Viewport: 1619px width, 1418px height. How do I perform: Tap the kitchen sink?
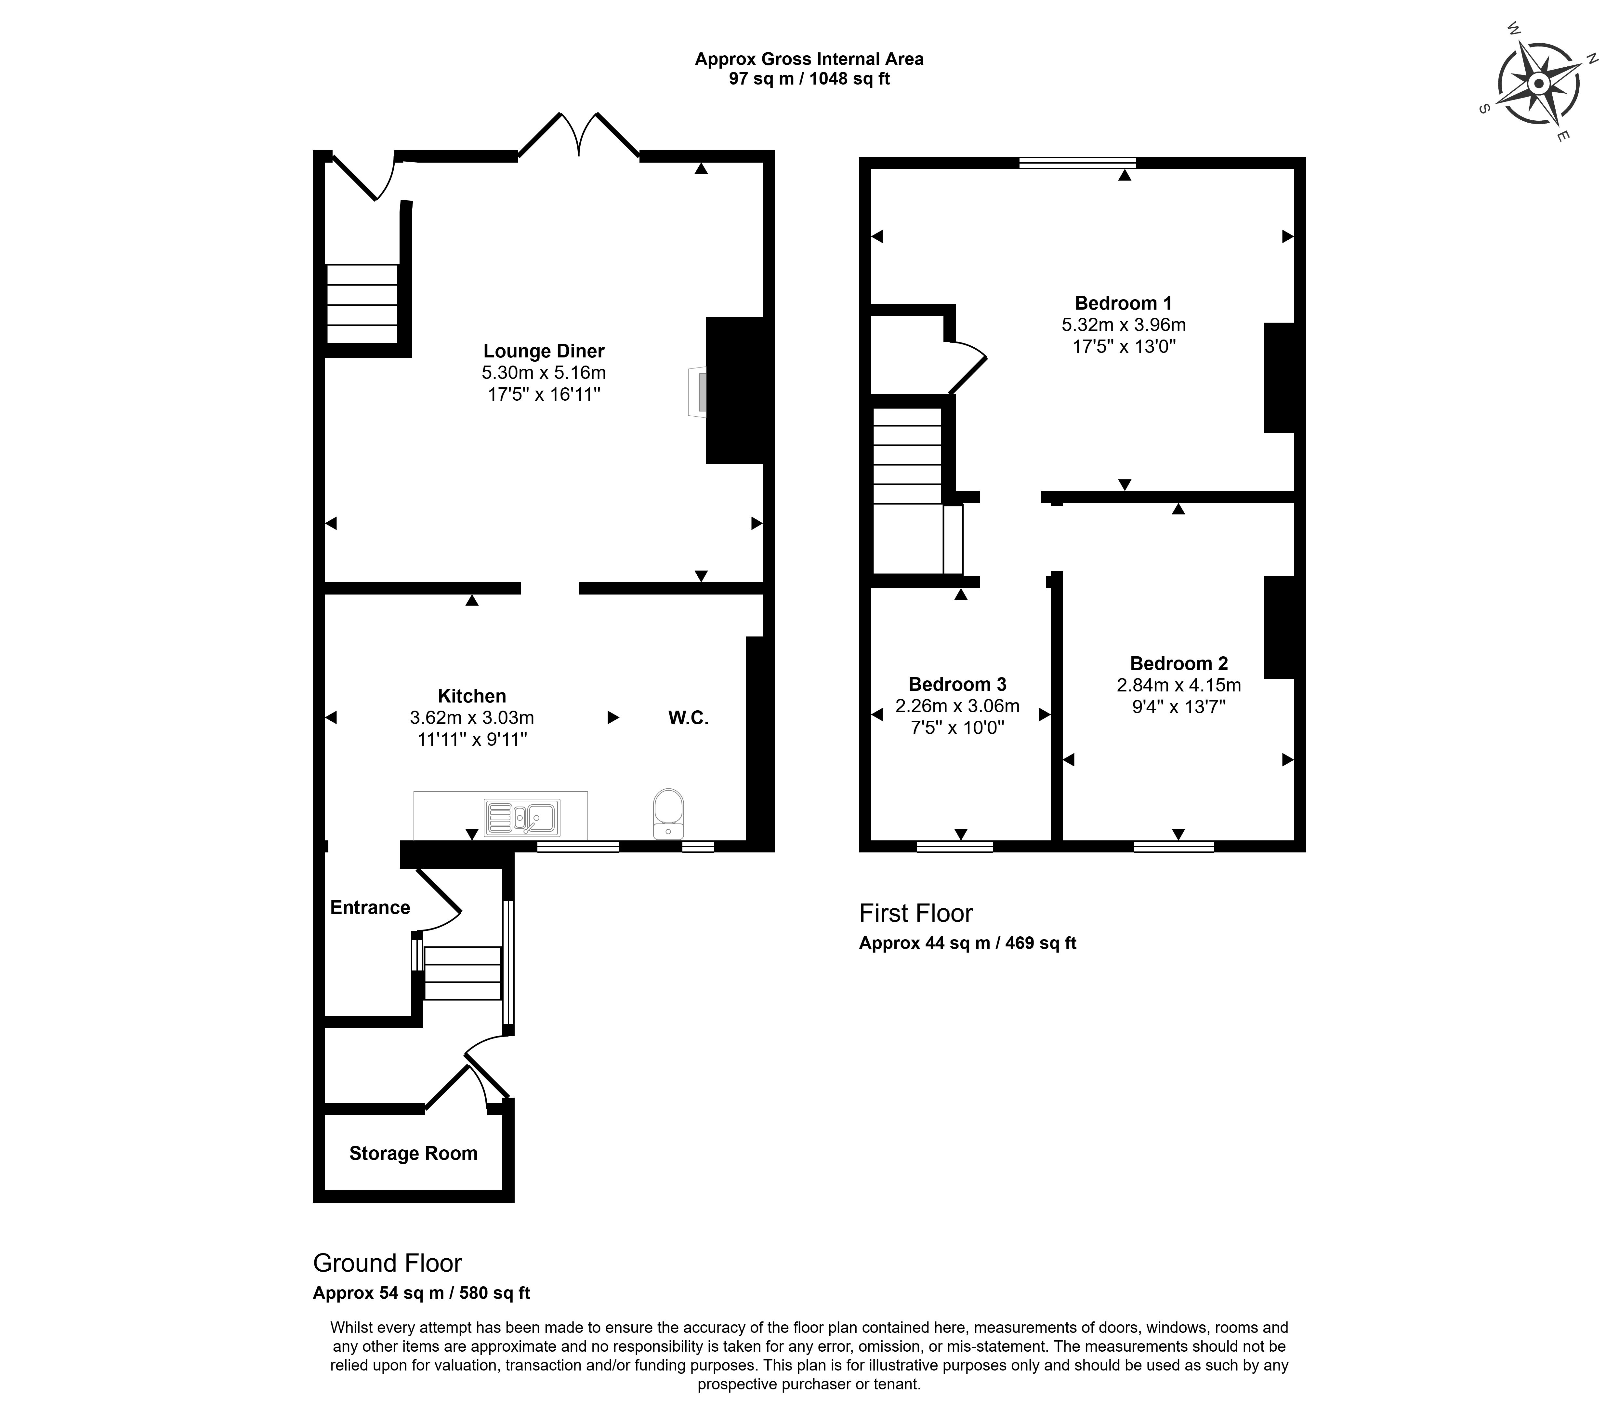point(522,817)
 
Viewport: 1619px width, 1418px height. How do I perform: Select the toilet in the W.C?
point(669,813)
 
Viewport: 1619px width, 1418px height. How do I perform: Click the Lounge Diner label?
point(544,351)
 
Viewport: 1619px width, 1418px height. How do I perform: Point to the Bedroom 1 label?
point(1123,303)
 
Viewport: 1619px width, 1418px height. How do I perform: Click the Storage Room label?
point(414,1153)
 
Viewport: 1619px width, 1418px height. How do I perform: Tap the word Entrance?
point(370,908)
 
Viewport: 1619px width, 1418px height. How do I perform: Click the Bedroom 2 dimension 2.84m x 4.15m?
point(1178,685)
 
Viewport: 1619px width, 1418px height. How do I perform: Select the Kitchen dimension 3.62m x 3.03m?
point(472,718)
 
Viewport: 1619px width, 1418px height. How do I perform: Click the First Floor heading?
point(916,913)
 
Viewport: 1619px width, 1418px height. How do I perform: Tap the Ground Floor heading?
point(388,1263)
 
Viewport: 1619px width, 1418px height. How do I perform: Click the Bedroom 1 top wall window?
point(1077,163)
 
